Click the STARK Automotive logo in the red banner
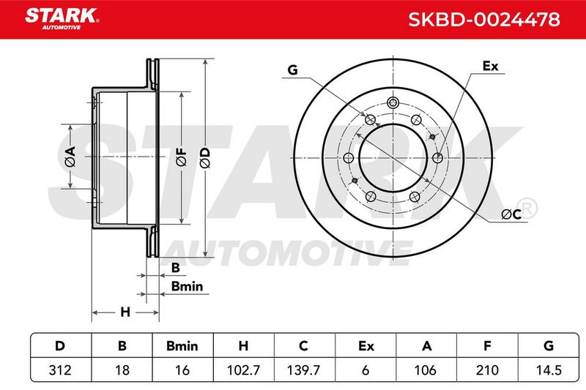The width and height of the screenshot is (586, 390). [62, 19]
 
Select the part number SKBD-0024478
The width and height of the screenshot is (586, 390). [484, 20]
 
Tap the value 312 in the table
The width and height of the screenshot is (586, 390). [60, 370]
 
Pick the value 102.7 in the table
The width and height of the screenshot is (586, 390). [243, 370]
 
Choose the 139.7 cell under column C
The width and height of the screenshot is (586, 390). [303, 370]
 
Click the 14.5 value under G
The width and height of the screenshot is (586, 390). [549, 370]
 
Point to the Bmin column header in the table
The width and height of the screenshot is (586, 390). [182, 346]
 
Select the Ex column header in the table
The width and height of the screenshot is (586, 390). [366, 346]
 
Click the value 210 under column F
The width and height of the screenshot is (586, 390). [487, 370]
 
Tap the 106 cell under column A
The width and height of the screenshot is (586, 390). [426, 370]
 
